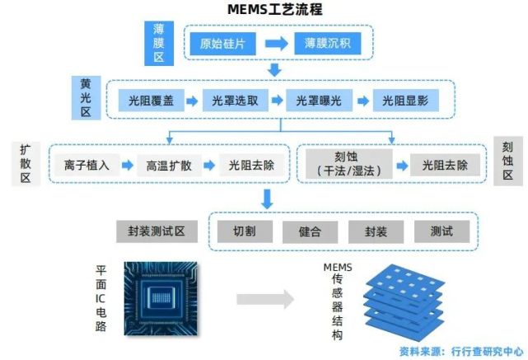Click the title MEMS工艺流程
click(x=263, y=11)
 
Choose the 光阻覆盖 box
click(x=151, y=101)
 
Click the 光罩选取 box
click(x=235, y=101)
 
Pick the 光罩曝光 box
click(x=319, y=101)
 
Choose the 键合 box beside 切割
click(x=310, y=231)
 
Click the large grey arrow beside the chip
click(x=264, y=300)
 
